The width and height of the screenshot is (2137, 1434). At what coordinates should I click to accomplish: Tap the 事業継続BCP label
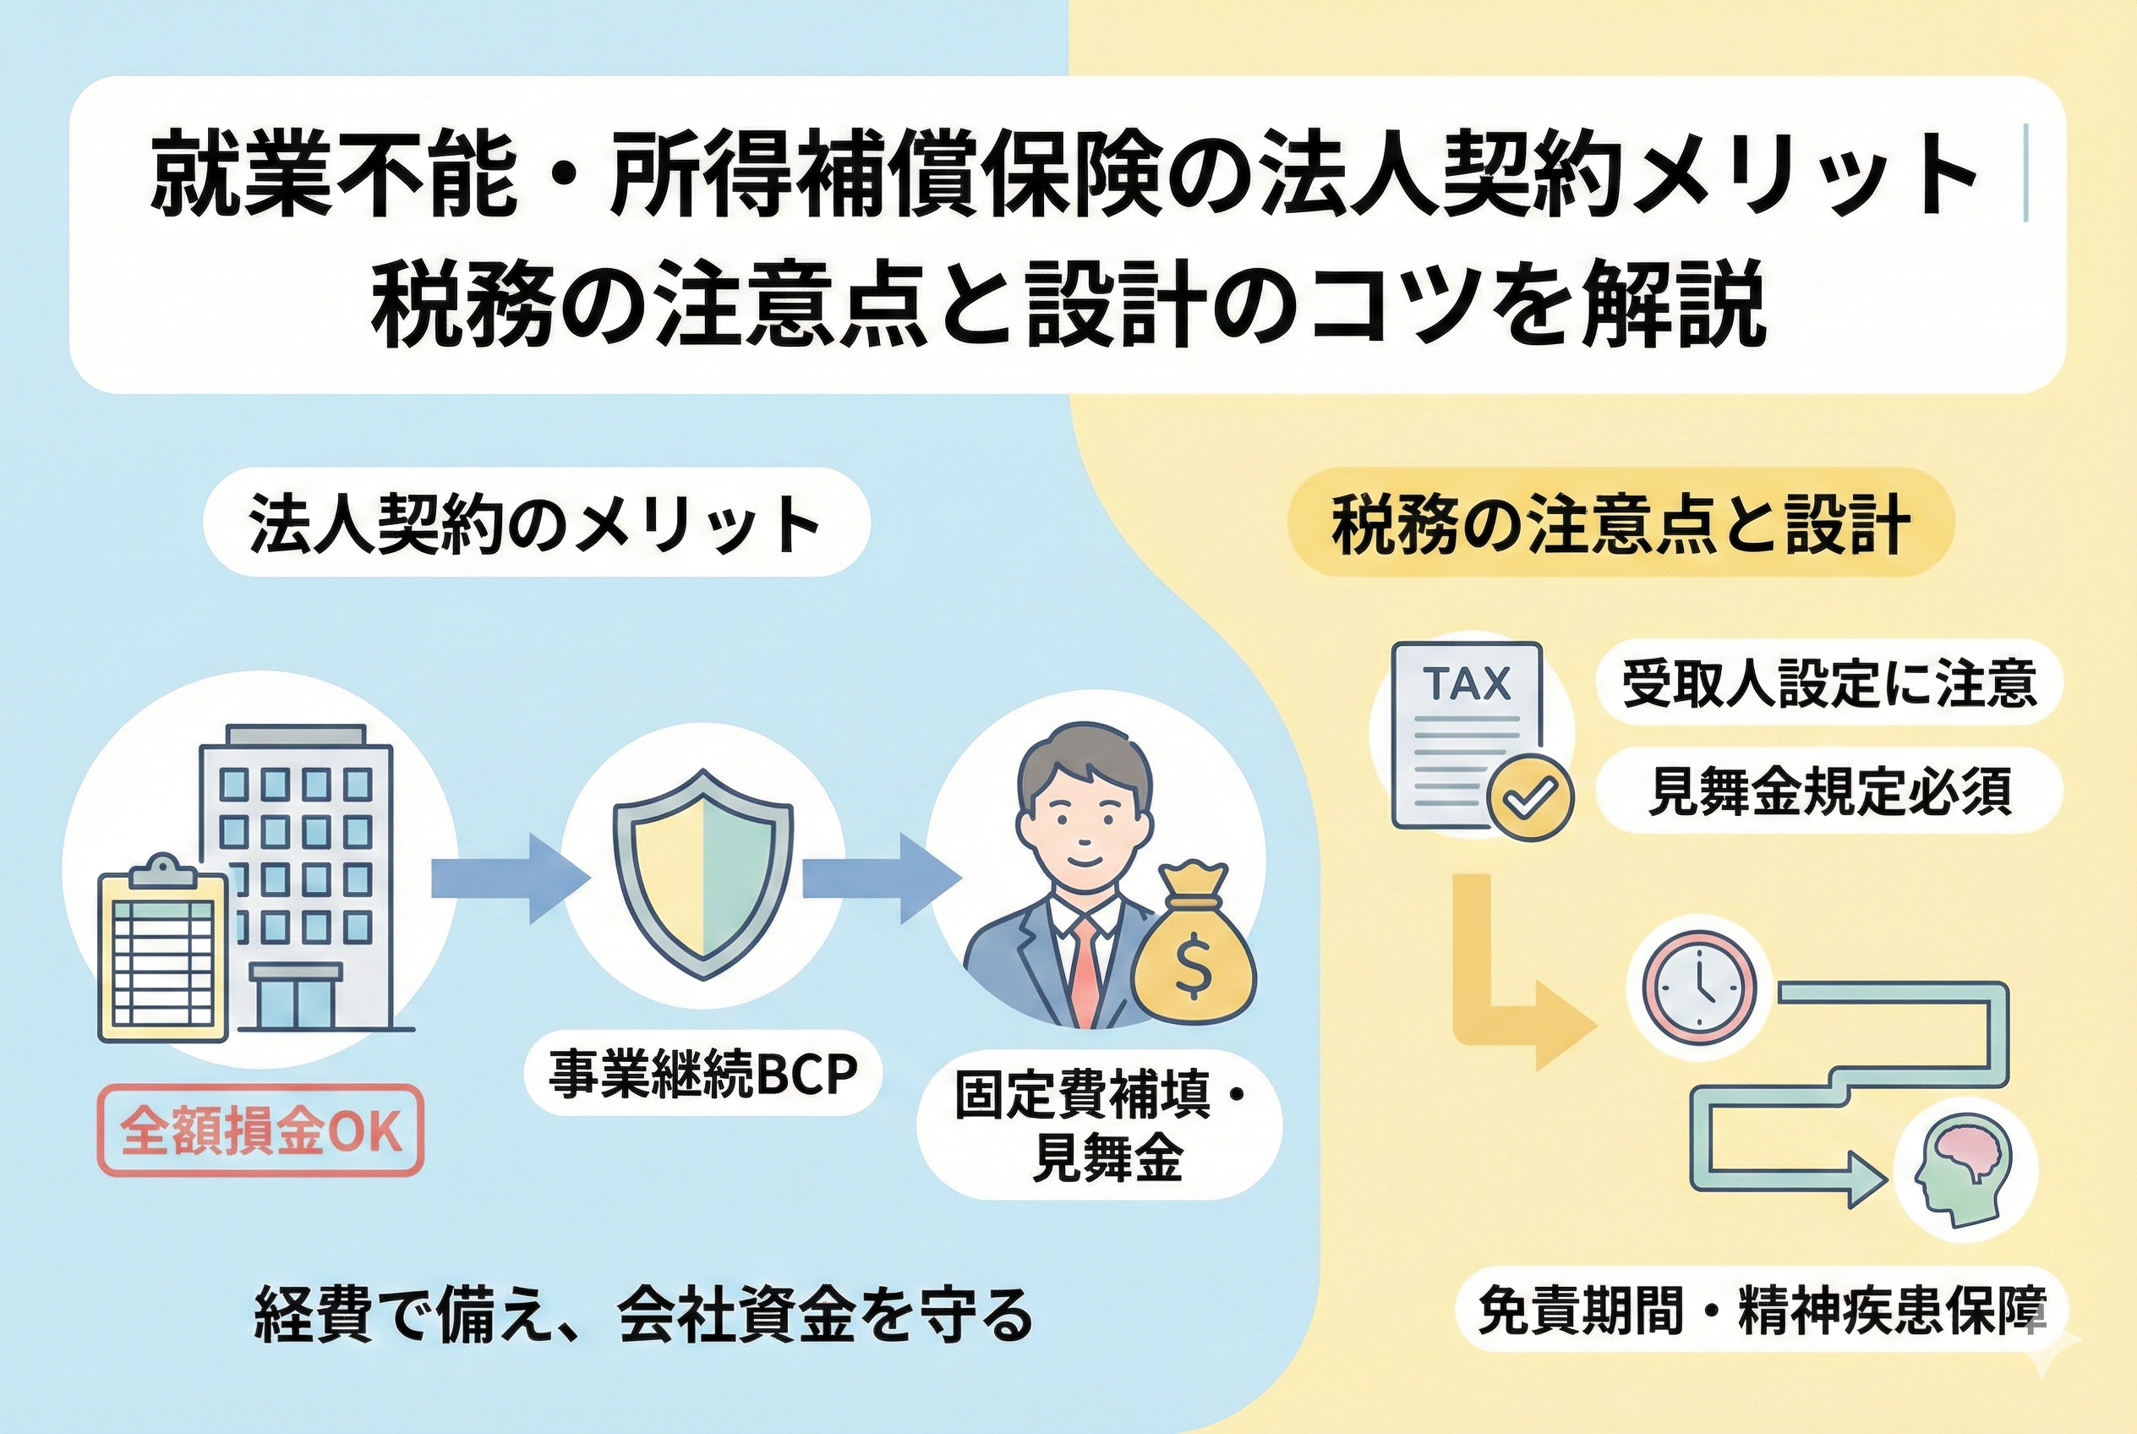pyautogui.click(x=702, y=1075)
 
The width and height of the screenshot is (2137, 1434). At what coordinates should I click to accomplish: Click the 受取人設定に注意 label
pyautogui.click(x=1828, y=683)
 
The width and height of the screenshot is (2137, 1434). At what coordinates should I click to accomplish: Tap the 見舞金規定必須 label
pyautogui.click(x=1828, y=791)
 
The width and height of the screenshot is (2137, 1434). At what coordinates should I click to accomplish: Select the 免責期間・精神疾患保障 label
pyautogui.click(x=1761, y=1310)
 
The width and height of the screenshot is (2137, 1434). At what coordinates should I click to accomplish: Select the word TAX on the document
pyautogui.click(x=1467, y=683)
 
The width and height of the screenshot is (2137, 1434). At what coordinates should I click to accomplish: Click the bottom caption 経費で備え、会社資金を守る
pyautogui.click(x=642, y=1315)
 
